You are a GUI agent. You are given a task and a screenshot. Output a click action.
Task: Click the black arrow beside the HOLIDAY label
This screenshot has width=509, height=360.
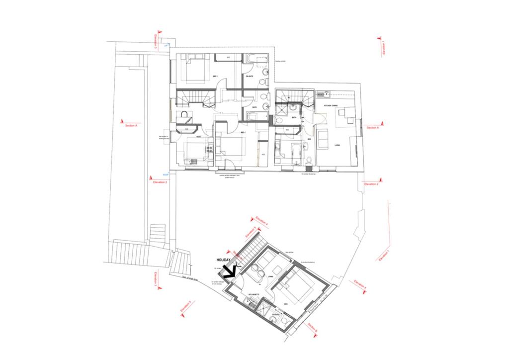pos(229,270)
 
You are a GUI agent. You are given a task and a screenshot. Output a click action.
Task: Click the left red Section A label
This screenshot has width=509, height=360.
pos(131,126)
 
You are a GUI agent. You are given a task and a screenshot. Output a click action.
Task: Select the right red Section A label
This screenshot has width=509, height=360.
pos(373,128)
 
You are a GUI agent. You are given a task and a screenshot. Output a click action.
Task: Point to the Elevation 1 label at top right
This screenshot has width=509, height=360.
pos(384,49)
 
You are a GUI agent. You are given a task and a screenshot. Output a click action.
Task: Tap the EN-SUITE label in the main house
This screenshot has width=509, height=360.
pos(250,76)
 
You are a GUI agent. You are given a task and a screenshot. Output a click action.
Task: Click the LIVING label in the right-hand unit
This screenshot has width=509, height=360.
pos(337,145)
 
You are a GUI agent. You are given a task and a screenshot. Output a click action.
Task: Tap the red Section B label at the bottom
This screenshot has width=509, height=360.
pos(312,326)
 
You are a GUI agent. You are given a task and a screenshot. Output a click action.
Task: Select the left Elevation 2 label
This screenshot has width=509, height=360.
pos(160,182)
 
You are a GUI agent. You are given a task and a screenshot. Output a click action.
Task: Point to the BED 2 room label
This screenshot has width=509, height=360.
pos(244,133)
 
